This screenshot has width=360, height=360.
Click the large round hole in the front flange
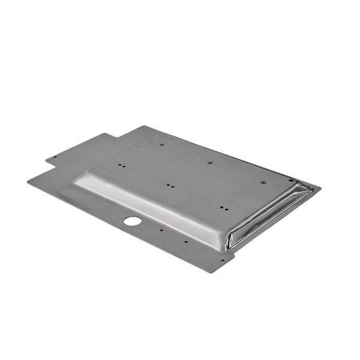pyautogui.click(x=133, y=221)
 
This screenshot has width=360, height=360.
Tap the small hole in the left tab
pyautogui.click(x=55, y=158)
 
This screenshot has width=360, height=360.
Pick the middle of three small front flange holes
pyautogui.click(x=186, y=242)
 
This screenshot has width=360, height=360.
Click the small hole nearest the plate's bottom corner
pyautogui.click(x=223, y=260)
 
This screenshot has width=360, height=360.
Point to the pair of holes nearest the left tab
pyautogui.click(x=122, y=165)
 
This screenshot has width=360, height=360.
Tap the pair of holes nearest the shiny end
pyautogui.click(x=223, y=208)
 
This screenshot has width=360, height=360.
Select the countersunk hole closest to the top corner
pyautogui.click(x=161, y=145)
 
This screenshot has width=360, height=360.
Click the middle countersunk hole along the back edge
pyautogui.click(x=210, y=163)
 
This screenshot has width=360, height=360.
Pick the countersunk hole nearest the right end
pyautogui.click(x=263, y=182)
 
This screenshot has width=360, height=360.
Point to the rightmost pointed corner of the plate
pyautogui.click(x=320, y=188)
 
